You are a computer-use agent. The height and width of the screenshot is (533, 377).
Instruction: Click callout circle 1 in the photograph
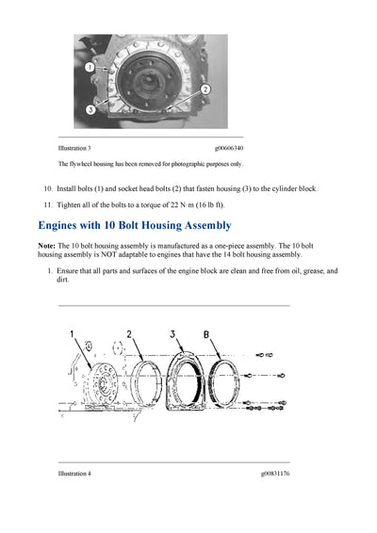(x=90, y=69)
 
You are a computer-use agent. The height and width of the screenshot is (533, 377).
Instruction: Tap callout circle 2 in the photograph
(x=205, y=88)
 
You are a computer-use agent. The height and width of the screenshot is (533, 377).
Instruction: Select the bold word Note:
(x=47, y=246)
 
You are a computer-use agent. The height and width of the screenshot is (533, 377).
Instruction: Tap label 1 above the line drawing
(x=72, y=334)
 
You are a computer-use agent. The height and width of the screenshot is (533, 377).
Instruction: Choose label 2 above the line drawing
(x=128, y=334)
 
